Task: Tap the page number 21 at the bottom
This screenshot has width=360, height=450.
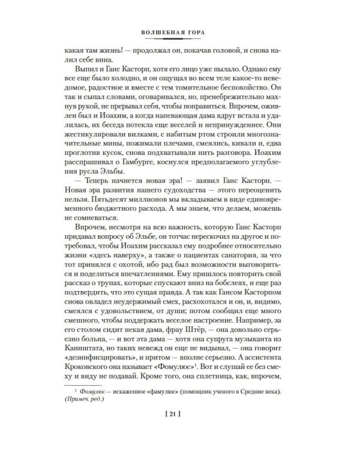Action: point(180,430)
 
